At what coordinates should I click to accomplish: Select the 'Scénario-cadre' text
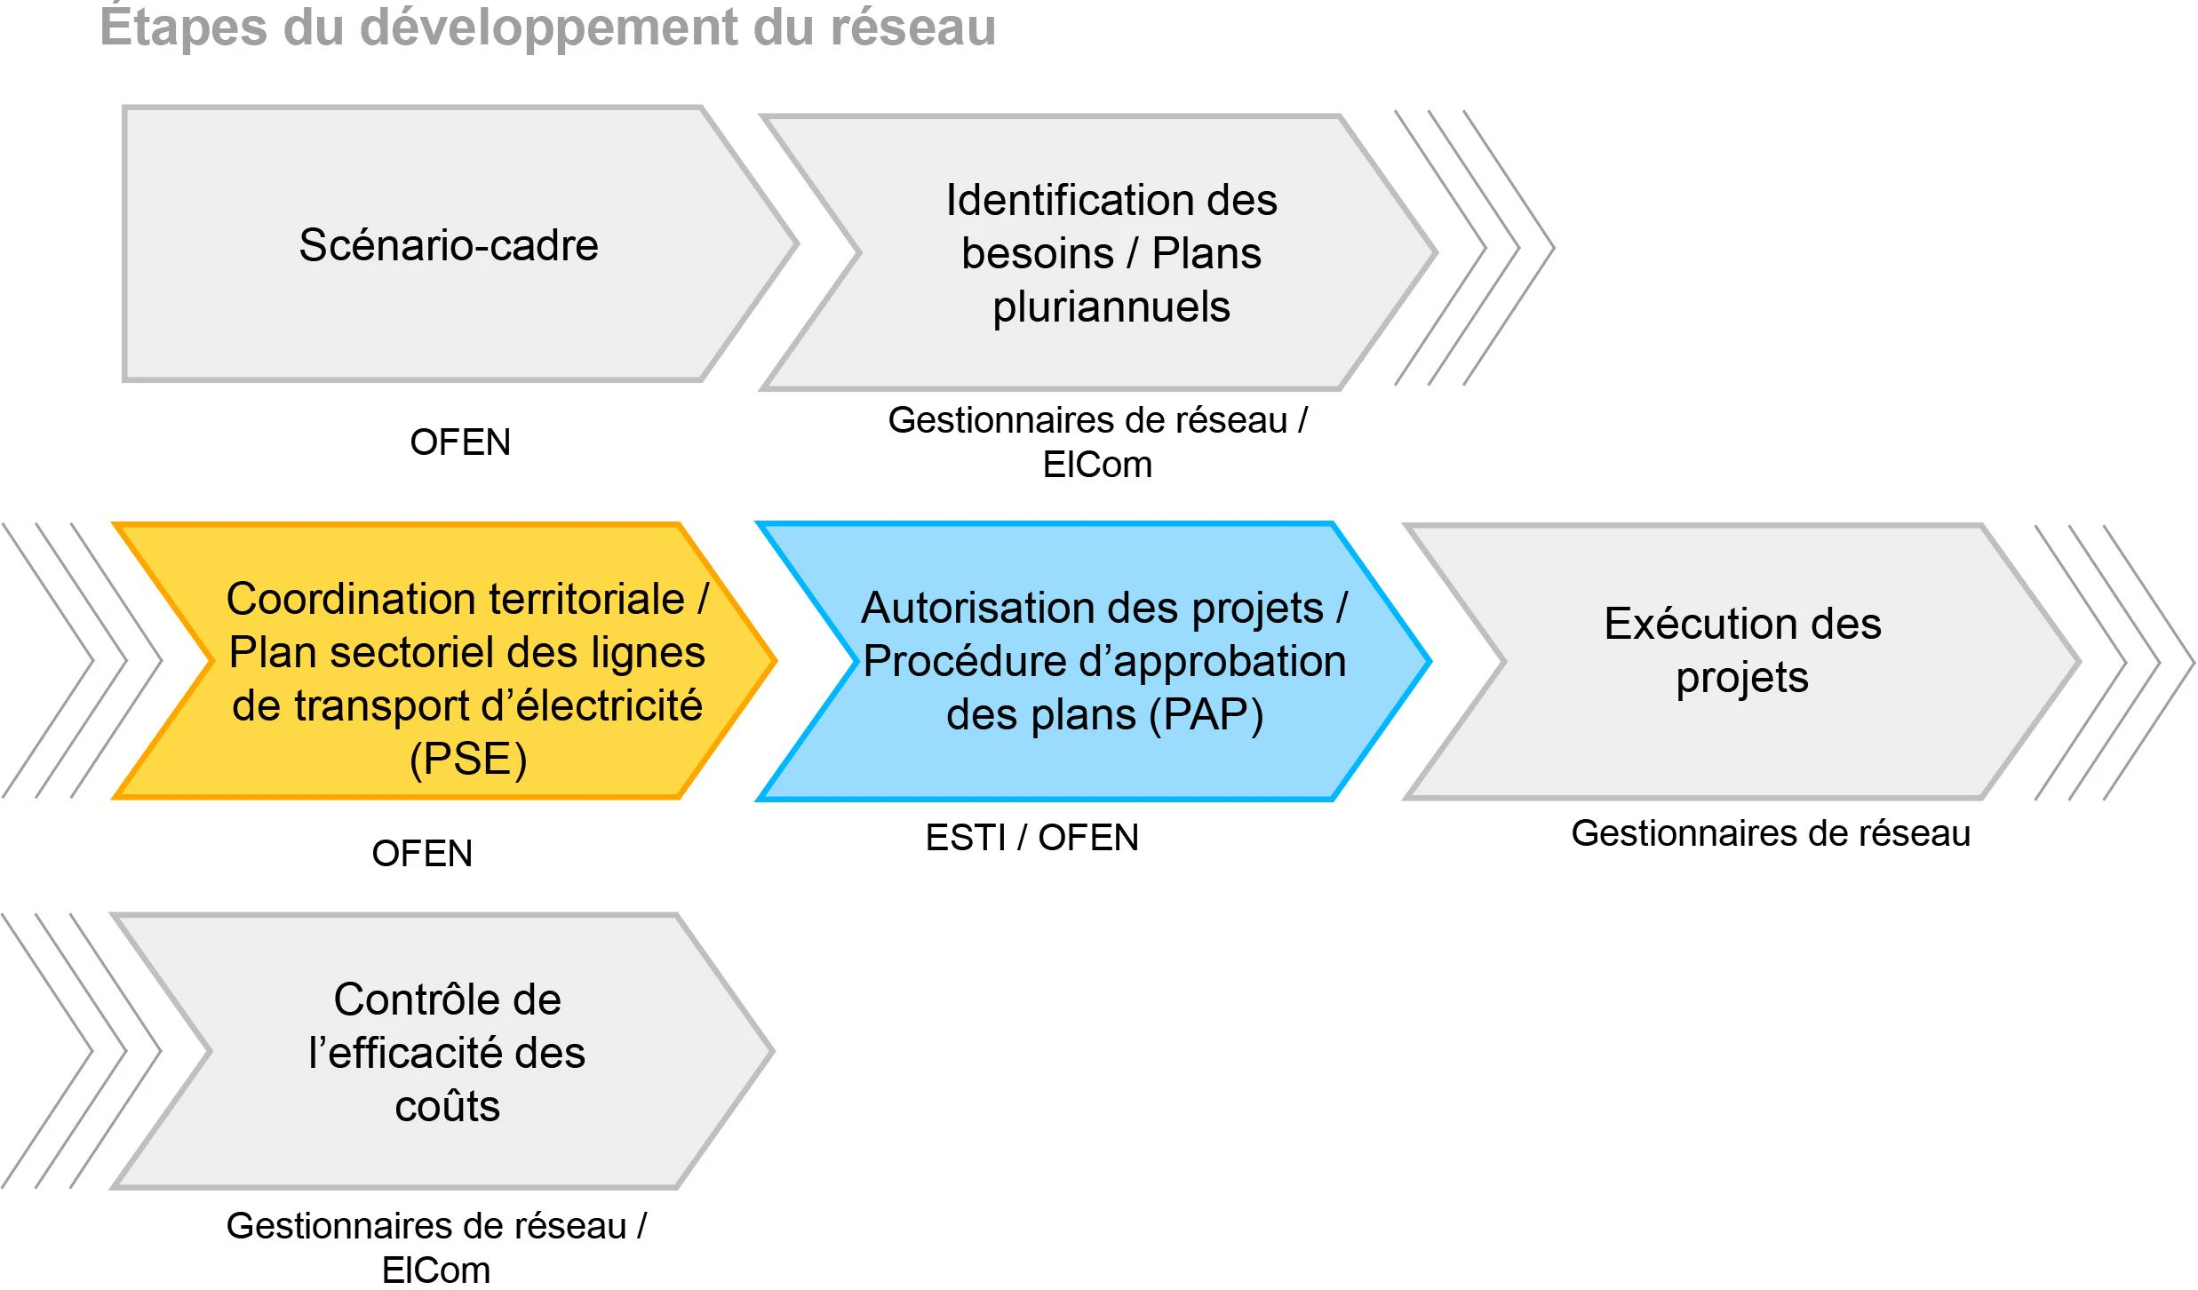[449, 245]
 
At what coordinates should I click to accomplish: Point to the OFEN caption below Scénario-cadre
[460, 442]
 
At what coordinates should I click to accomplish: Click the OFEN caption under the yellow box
[422, 854]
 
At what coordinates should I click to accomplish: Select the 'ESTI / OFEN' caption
[1032, 838]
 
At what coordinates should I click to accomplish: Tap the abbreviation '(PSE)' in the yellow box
[468, 760]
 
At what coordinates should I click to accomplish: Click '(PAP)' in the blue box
[1206, 715]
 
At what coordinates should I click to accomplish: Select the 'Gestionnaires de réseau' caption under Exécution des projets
[1771, 833]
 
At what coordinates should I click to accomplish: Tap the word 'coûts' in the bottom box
[448, 1107]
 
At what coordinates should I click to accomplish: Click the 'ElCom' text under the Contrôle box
[436, 1270]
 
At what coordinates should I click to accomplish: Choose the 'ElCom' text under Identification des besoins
[1097, 465]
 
